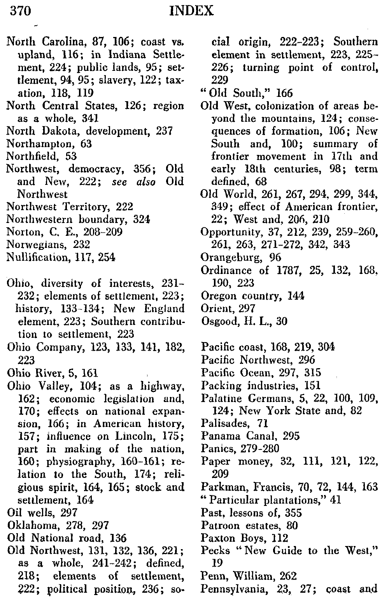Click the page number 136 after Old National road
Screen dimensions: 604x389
pos(118,538)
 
